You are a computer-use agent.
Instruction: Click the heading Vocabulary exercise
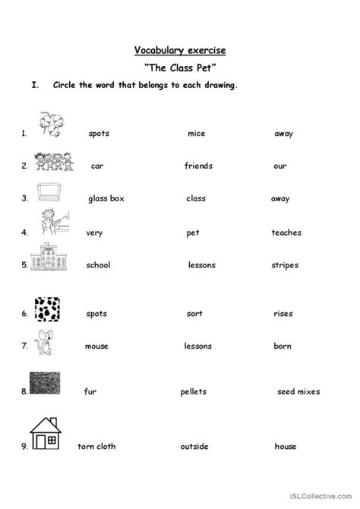point(180,51)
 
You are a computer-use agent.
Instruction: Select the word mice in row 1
point(196,134)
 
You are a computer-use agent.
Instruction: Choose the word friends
point(198,166)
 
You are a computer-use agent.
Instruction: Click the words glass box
point(106,198)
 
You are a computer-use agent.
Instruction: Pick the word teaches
point(286,232)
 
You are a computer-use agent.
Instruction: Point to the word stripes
point(284,265)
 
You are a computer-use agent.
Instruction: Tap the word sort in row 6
point(194,313)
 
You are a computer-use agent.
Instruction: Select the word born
point(283,346)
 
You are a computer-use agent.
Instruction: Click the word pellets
point(193,391)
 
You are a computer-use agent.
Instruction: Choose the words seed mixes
point(298,391)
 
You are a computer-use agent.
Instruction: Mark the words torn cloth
point(96,446)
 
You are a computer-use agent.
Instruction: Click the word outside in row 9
point(194,446)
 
